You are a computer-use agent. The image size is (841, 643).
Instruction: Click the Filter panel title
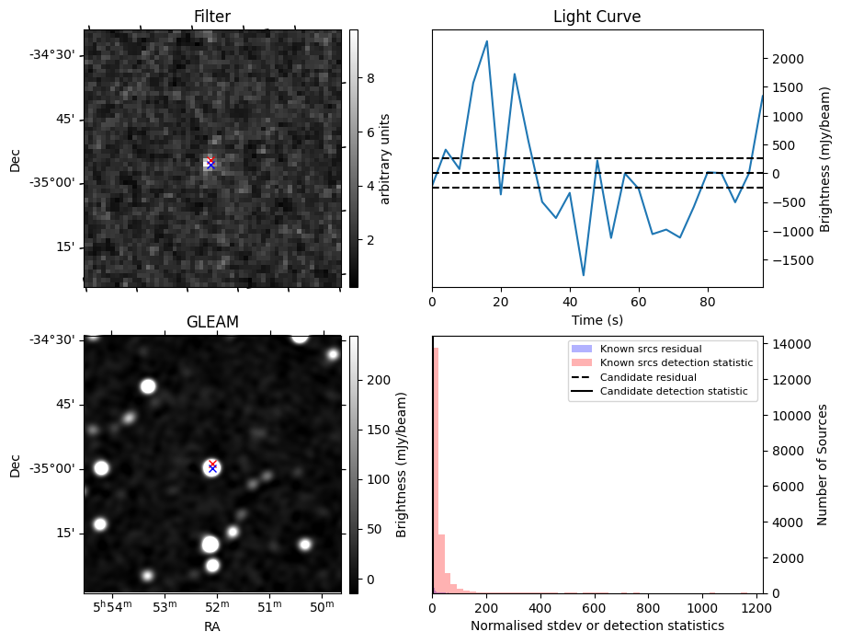pos(212,17)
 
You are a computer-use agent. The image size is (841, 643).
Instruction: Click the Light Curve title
pos(597,17)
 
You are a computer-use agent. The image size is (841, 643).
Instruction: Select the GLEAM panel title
pos(212,322)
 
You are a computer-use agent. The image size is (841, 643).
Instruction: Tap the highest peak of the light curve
pos(486,41)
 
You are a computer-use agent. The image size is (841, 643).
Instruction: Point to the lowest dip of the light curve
pos(583,274)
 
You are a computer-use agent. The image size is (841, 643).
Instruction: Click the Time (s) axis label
pos(597,319)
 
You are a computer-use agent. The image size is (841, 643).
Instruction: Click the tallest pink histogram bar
pos(435,469)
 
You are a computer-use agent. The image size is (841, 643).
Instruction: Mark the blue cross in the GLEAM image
pos(212,468)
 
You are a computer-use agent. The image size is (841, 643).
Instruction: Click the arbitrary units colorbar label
pos(386,158)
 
